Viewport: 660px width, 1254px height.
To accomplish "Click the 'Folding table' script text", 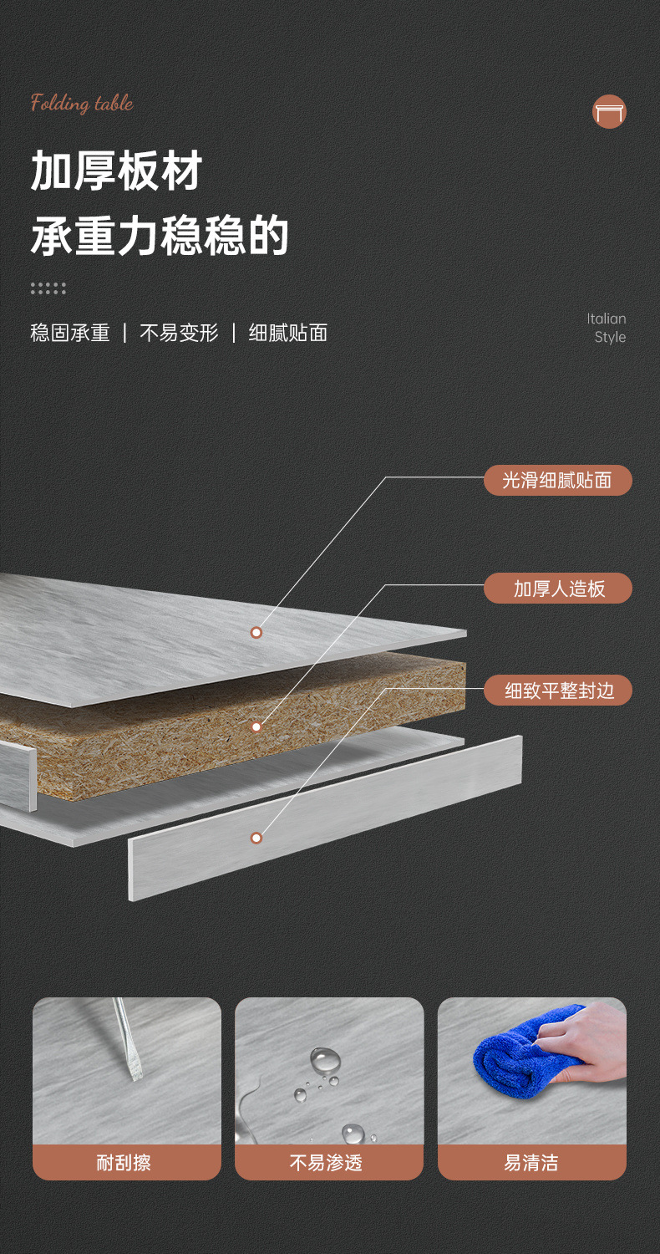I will tap(82, 104).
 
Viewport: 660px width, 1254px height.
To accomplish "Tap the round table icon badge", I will tap(609, 112).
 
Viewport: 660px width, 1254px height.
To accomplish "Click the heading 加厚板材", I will tap(117, 171).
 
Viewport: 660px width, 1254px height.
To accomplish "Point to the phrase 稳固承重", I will tap(70, 333).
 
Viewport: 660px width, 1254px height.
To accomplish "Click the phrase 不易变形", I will tap(179, 333).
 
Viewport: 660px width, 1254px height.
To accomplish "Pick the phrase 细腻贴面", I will tap(288, 333).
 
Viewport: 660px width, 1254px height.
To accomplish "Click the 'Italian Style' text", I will tap(607, 328).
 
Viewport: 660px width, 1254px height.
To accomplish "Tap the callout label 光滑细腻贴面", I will tap(557, 480).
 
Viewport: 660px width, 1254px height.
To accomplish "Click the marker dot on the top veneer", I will tap(256, 632).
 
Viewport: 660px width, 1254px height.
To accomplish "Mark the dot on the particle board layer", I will tap(256, 726).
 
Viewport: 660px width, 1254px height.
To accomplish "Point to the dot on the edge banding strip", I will tap(256, 838).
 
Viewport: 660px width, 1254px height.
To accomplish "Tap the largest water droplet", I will tap(325, 1061).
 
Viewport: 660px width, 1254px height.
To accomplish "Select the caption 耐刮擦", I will tap(124, 1162).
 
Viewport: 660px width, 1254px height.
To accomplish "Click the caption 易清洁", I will tap(531, 1162).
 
